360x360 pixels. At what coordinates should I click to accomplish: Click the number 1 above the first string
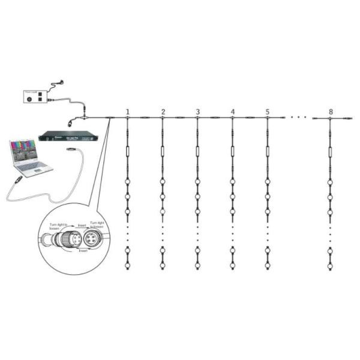(128, 112)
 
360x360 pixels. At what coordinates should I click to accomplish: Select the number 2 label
(163, 112)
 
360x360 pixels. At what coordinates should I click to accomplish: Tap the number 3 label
(197, 112)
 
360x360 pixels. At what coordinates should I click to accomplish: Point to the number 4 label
(232, 112)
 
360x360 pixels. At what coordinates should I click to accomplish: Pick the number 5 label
(267, 112)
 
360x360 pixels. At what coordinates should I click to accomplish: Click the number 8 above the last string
(331, 112)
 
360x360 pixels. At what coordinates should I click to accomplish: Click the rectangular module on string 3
(197, 151)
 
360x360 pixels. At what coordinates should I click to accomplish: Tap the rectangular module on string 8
(330, 151)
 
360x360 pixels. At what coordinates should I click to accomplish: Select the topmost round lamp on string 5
(267, 182)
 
